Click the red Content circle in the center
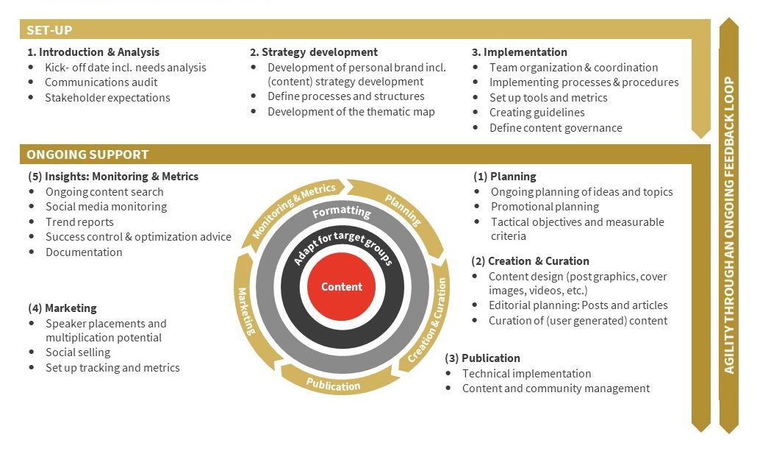341,287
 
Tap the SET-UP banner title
49,30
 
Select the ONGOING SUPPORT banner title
87,155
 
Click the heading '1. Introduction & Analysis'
93,52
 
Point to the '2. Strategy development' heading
314,52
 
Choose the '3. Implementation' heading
520,52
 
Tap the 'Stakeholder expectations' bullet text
107,98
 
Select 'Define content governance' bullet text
556,128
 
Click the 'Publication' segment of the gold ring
334,385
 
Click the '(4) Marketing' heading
62,308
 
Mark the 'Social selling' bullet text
78,352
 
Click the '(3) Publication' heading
483,358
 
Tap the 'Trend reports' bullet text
79,222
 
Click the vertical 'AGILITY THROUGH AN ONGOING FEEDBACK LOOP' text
729,225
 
